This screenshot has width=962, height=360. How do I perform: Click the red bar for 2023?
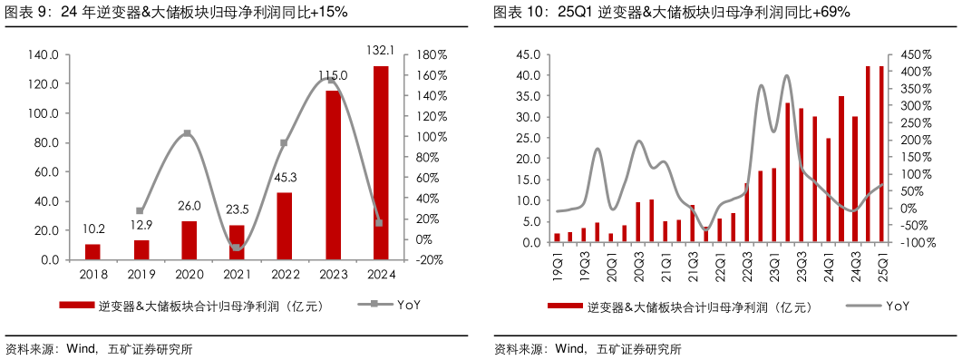[333, 175]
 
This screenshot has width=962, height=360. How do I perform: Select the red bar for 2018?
[92, 251]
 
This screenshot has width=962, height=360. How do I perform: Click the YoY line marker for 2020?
[188, 133]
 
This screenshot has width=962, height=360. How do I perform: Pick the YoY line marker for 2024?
[380, 222]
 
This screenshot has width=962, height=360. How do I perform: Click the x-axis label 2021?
[236, 275]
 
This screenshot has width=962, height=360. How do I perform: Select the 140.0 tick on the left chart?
[44, 55]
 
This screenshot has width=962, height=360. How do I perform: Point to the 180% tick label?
[432, 55]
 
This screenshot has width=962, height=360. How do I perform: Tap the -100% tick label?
[913, 243]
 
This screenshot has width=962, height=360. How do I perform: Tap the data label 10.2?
[92, 229]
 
